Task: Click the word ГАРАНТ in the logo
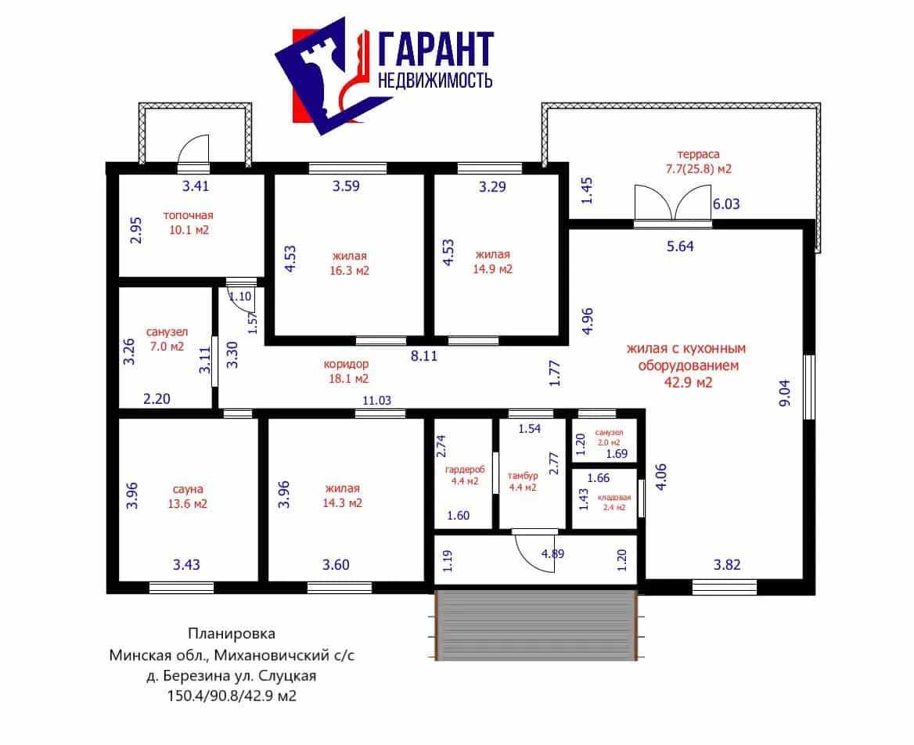(x=436, y=49)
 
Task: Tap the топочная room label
(x=189, y=215)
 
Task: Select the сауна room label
(x=188, y=490)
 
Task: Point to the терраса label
(x=698, y=154)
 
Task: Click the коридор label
(x=346, y=365)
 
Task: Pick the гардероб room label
(x=465, y=470)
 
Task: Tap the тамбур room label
(x=522, y=476)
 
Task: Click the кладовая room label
(x=614, y=497)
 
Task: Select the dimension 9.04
(x=785, y=393)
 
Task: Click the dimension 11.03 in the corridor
(x=377, y=401)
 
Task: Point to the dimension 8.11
(x=424, y=355)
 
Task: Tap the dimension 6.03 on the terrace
(x=726, y=204)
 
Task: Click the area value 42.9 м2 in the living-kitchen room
(x=689, y=383)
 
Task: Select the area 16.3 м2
(x=349, y=271)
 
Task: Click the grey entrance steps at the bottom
(x=536, y=625)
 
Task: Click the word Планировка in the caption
(x=232, y=633)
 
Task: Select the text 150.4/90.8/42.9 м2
(x=232, y=696)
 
